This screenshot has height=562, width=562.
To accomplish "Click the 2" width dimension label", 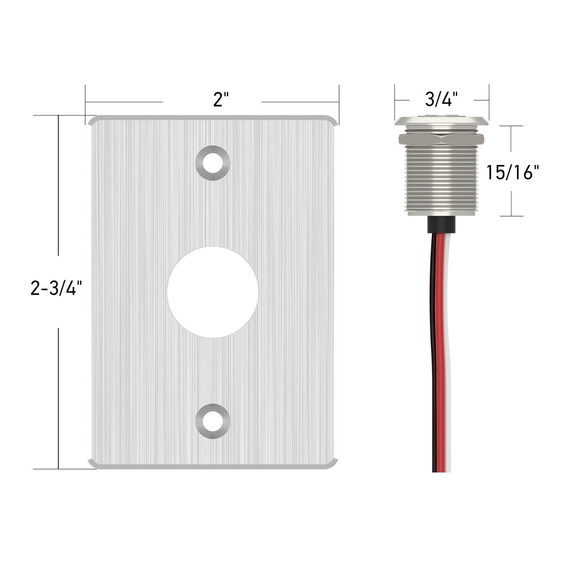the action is (x=221, y=100).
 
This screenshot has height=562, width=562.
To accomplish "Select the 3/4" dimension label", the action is (x=441, y=99).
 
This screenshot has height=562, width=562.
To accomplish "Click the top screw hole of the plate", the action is (x=213, y=163).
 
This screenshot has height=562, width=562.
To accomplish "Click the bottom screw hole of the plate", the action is (x=213, y=421).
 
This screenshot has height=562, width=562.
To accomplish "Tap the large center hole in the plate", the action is (x=213, y=292).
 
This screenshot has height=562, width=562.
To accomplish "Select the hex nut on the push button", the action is (x=441, y=139).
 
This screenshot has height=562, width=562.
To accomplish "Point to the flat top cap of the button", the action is (x=441, y=121).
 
